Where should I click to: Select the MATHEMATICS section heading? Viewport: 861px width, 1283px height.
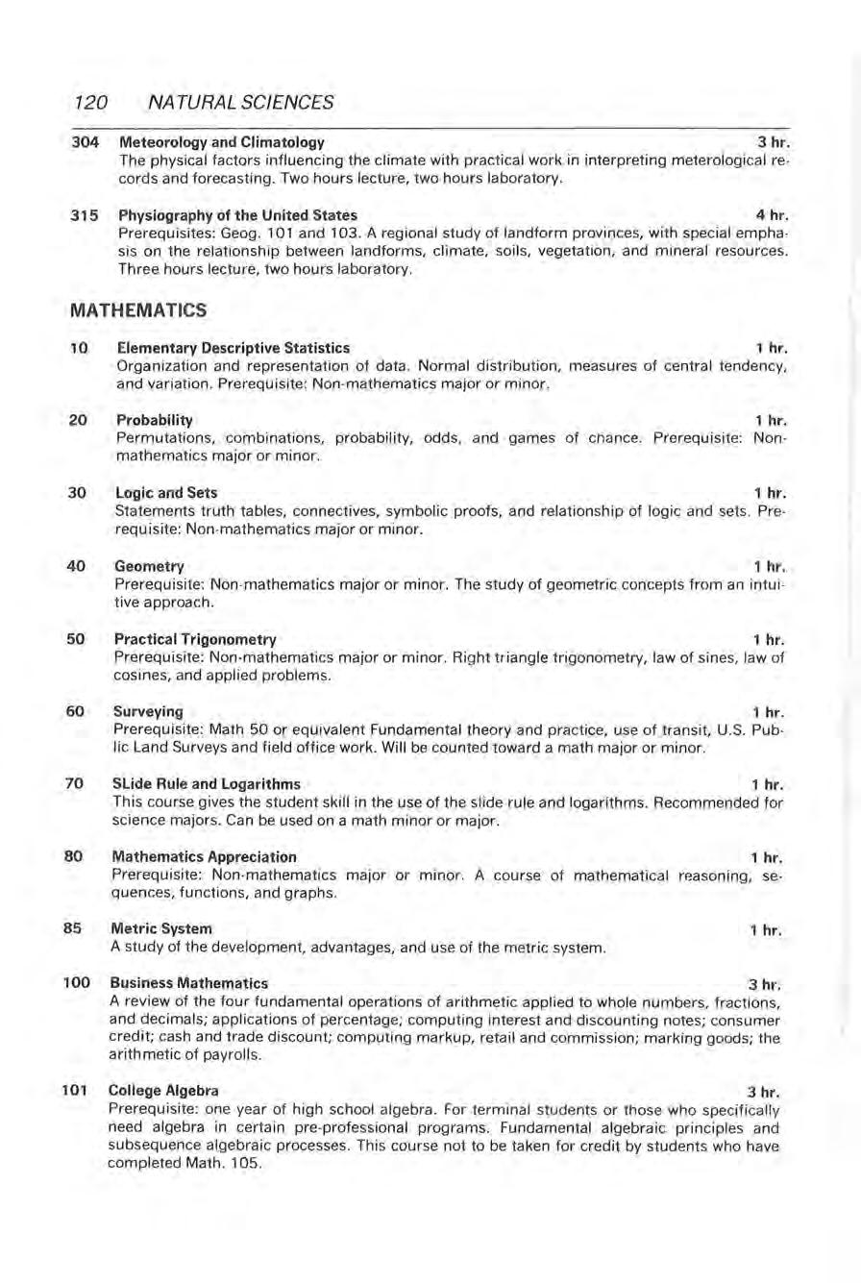click(138, 310)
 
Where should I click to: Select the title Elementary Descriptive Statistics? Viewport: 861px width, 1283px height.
click(233, 347)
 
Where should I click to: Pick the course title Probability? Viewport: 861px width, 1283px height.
click(154, 420)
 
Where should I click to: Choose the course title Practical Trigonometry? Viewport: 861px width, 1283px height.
click(196, 639)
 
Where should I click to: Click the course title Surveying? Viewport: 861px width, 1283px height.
click(148, 712)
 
